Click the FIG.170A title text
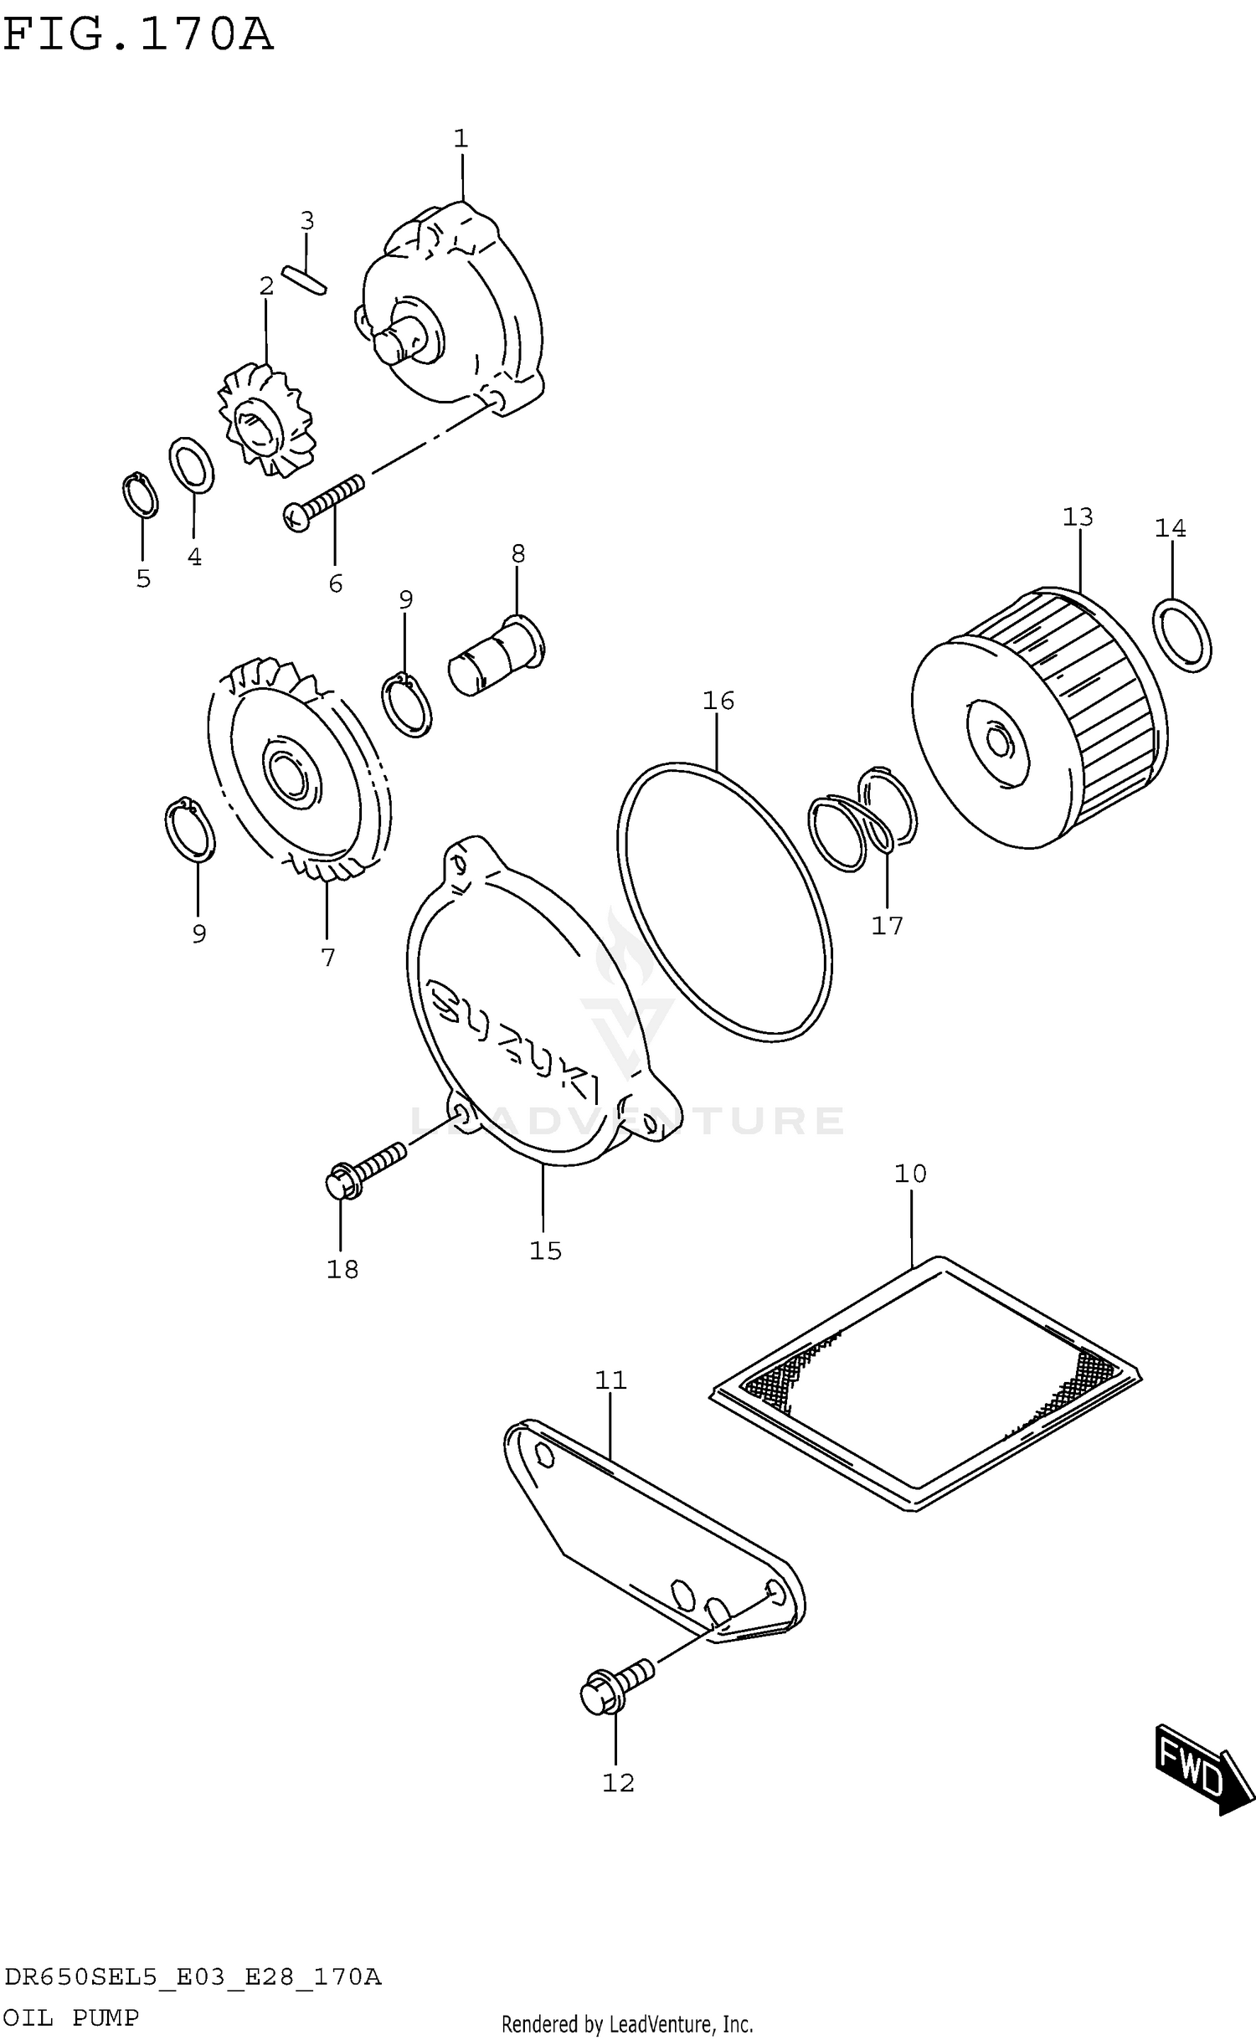pyautogui.click(x=138, y=35)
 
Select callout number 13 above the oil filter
pyautogui.click(x=1078, y=517)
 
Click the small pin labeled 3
pyautogui.click(x=304, y=280)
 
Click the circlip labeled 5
pyautogui.click(x=140, y=496)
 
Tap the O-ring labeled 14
pyautogui.click(x=1181, y=635)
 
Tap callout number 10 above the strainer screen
pyautogui.click(x=910, y=1174)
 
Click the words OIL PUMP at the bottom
pyautogui.click(x=70, y=2018)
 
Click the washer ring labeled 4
pyautogui.click(x=192, y=465)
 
